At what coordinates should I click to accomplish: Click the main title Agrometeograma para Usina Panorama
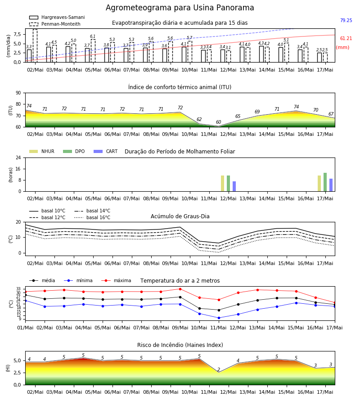[180, 8]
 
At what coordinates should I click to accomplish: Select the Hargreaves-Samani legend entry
[57, 17]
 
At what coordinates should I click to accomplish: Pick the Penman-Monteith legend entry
[55, 24]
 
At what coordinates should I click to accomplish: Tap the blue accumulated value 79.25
[346, 20]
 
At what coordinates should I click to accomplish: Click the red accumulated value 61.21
[346, 39]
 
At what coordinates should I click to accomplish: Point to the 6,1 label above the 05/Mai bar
[93, 36]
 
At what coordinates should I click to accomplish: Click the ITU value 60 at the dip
[219, 122]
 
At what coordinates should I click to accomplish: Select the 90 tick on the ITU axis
[18, 93]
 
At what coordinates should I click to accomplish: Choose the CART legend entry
[106, 151]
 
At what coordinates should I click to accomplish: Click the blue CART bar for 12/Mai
[234, 186]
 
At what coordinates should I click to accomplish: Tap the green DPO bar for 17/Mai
[325, 182]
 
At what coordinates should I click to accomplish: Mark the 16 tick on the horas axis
[18, 169]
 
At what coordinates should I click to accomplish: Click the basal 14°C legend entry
[92, 211]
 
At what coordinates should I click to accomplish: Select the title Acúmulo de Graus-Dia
[180, 216]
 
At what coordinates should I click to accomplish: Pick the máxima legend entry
[116, 280]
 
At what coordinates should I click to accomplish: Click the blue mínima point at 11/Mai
[219, 318]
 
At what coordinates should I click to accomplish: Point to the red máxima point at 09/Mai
[180, 289]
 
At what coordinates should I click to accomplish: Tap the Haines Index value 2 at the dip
[219, 369]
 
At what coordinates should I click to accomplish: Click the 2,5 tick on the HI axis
[17, 373]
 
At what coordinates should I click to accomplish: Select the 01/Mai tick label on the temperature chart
[25, 328]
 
